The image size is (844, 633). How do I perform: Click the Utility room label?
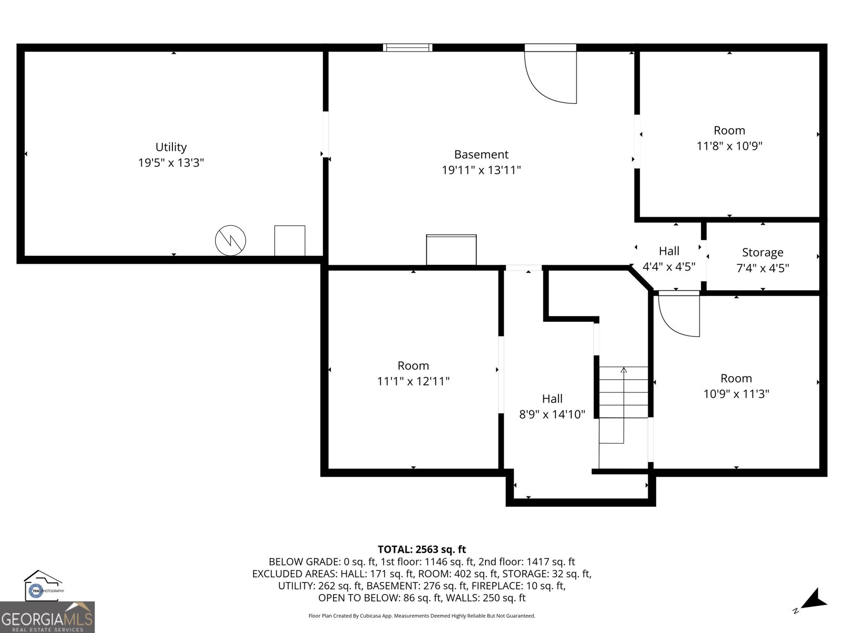tap(171, 147)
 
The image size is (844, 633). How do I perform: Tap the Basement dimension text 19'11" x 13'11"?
tap(481, 170)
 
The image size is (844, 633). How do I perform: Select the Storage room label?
tap(762, 252)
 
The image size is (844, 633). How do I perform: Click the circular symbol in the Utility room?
tap(231, 241)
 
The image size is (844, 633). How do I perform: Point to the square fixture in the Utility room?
tap(290, 241)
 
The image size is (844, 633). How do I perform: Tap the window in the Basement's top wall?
tap(408, 47)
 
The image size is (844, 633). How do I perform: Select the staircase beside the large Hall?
tap(623, 404)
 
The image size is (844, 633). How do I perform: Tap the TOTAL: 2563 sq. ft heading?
tap(421, 550)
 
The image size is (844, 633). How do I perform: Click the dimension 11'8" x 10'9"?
tap(730, 146)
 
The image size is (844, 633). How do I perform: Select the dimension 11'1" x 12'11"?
tap(413, 381)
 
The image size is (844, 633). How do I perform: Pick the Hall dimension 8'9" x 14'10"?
tap(552, 414)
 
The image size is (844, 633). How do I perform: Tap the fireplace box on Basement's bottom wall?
tap(451, 250)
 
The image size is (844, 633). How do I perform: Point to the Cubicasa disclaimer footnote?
tap(421, 616)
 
